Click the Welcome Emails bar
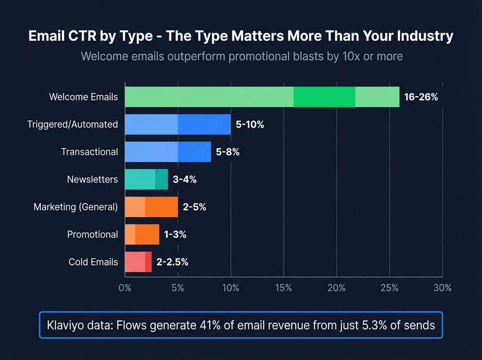pos(262,97)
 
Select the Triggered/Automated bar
pos(178,124)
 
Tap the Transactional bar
pos(168,152)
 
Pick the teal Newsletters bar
pos(146,179)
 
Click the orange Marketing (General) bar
pos(151,207)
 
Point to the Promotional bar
pos(142,235)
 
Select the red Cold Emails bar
pos(138,262)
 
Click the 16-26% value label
pos(421,97)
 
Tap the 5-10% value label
pos(250,125)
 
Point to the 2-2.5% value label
pos(172,262)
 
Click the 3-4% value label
pos(185,179)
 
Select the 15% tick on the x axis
pos(283,288)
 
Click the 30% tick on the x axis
pos(442,288)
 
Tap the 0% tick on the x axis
pos(125,288)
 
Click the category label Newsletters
pos(92,179)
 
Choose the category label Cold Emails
pos(93,262)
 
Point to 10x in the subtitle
pos(351,56)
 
